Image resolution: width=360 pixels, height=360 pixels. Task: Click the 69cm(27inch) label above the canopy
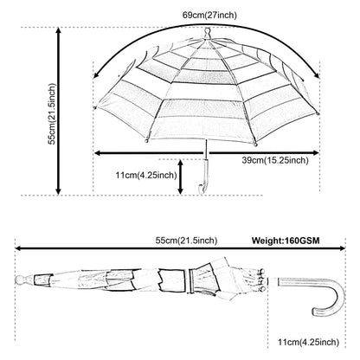(x=209, y=15)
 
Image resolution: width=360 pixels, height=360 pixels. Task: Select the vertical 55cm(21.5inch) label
(x=52, y=113)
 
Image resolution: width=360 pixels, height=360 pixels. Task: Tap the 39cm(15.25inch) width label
(x=275, y=160)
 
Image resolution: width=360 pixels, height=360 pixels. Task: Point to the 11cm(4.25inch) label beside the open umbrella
(x=146, y=175)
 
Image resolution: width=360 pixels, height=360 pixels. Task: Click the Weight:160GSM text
(x=286, y=241)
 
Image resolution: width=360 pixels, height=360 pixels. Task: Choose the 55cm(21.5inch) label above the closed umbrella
(x=186, y=241)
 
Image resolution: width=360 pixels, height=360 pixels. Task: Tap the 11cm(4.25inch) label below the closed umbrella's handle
(x=308, y=342)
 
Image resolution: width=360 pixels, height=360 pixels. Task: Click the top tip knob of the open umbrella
(x=207, y=33)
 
